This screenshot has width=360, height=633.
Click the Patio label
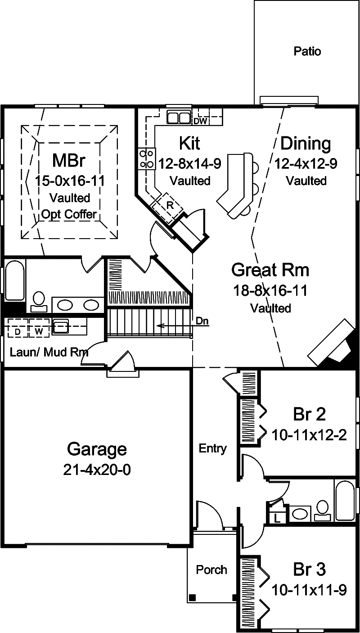(307, 51)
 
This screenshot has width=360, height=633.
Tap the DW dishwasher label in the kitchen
(200, 121)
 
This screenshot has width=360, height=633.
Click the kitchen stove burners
(145, 158)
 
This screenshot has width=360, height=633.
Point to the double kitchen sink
(179, 118)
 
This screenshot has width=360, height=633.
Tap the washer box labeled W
(39, 332)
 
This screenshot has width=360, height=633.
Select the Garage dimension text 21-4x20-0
(97, 470)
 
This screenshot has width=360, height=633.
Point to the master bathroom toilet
(39, 301)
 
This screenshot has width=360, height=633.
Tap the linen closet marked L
(277, 518)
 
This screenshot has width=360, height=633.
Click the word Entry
(213, 448)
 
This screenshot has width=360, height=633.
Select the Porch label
(211, 570)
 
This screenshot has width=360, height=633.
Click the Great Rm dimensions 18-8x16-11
(270, 290)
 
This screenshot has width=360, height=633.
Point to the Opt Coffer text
(69, 214)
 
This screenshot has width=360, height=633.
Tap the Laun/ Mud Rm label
(49, 352)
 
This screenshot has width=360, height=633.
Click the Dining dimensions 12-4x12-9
(306, 163)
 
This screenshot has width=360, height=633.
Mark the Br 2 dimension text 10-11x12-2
(309, 435)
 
